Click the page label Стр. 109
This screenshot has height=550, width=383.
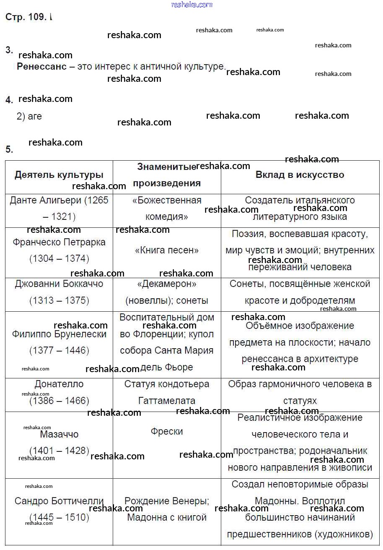pos(26,17)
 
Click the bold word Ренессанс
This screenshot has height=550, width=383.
pos(41,67)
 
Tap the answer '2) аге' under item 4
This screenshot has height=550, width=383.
pos(29,116)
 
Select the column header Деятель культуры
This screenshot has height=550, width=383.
pos(59,175)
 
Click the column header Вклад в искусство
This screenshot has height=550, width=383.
pos(300,175)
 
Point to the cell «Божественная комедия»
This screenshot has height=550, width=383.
pos(167,209)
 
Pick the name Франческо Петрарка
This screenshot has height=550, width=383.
pos(59,242)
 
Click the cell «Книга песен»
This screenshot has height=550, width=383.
pos(167,250)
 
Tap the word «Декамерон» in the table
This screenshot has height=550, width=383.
pos(167,284)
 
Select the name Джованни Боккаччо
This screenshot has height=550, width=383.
pos(59,284)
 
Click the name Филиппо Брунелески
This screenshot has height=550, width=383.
pos(59,334)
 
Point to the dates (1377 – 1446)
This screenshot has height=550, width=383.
pos(59,351)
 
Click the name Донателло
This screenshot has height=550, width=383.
pos(59,384)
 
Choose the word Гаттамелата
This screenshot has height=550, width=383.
pos(167,401)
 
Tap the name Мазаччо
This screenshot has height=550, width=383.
pos(59,434)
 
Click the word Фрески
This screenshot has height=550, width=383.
pos(167,431)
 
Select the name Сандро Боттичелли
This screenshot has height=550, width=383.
pos(59,501)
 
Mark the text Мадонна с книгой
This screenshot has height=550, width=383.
pos(167,518)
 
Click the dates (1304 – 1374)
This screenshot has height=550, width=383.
pos(59,259)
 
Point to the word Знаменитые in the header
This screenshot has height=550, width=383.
pos(166,167)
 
